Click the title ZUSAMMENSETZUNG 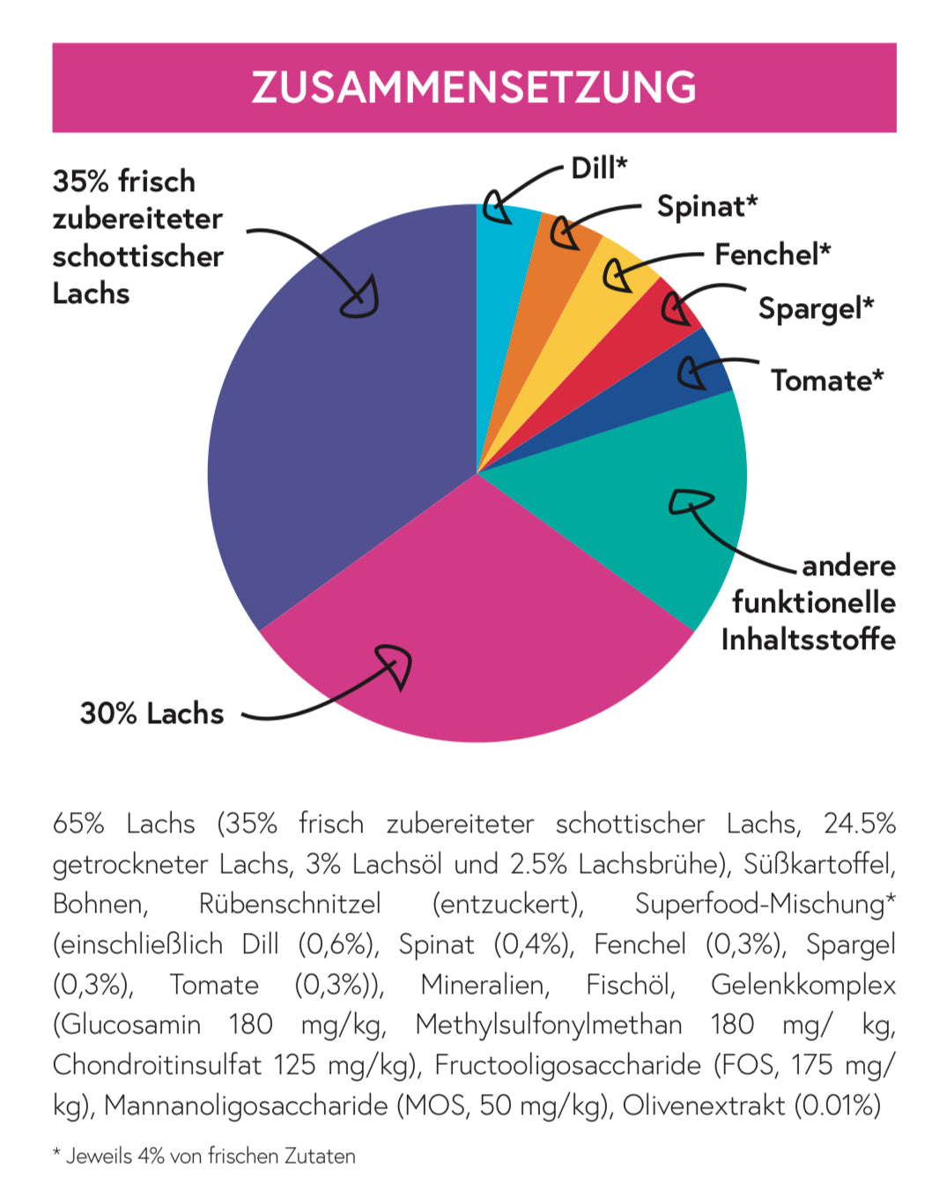tap(474, 87)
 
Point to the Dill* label tap(599, 167)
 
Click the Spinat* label tap(707, 206)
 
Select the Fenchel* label tap(773, 255)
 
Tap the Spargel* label tap(816, 308)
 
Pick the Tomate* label tap(827, 381)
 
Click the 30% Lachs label tap(152, 714)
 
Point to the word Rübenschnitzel tap(290, 904)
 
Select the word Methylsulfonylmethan tap(549, 1024)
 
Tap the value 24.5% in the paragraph tap(859, 824)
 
